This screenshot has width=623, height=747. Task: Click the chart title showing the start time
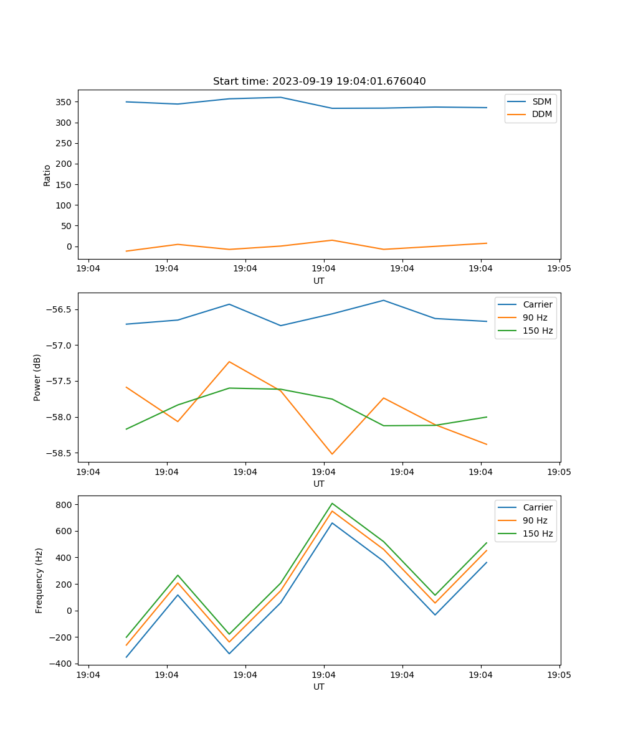pyautogui.click(x=319, y=82)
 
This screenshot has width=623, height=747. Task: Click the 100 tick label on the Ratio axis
pyautogui.click(x=63, y=205)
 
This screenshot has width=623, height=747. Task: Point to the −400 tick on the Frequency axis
pyautogui.click(x=62, y=664)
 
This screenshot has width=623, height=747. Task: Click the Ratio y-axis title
pyautogui.click(x=47, y=176)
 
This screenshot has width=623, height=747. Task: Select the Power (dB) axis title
pyautogui.click(x=37, y=377)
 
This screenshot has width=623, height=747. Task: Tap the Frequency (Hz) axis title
pyautogui.click(x=39, y=580)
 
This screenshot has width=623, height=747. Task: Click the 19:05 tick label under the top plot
pyautogui.click(x=559, y=269)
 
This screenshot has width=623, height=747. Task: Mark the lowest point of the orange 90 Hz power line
pyautogui.click(x=332, y=454)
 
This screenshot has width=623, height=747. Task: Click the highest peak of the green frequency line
pyautogui.click(x=332, y=503)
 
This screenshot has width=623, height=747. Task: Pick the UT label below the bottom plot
pyautogui.click(x=319, y=687)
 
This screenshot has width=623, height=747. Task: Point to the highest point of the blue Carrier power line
pyautogui.click(x=384, y=300)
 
